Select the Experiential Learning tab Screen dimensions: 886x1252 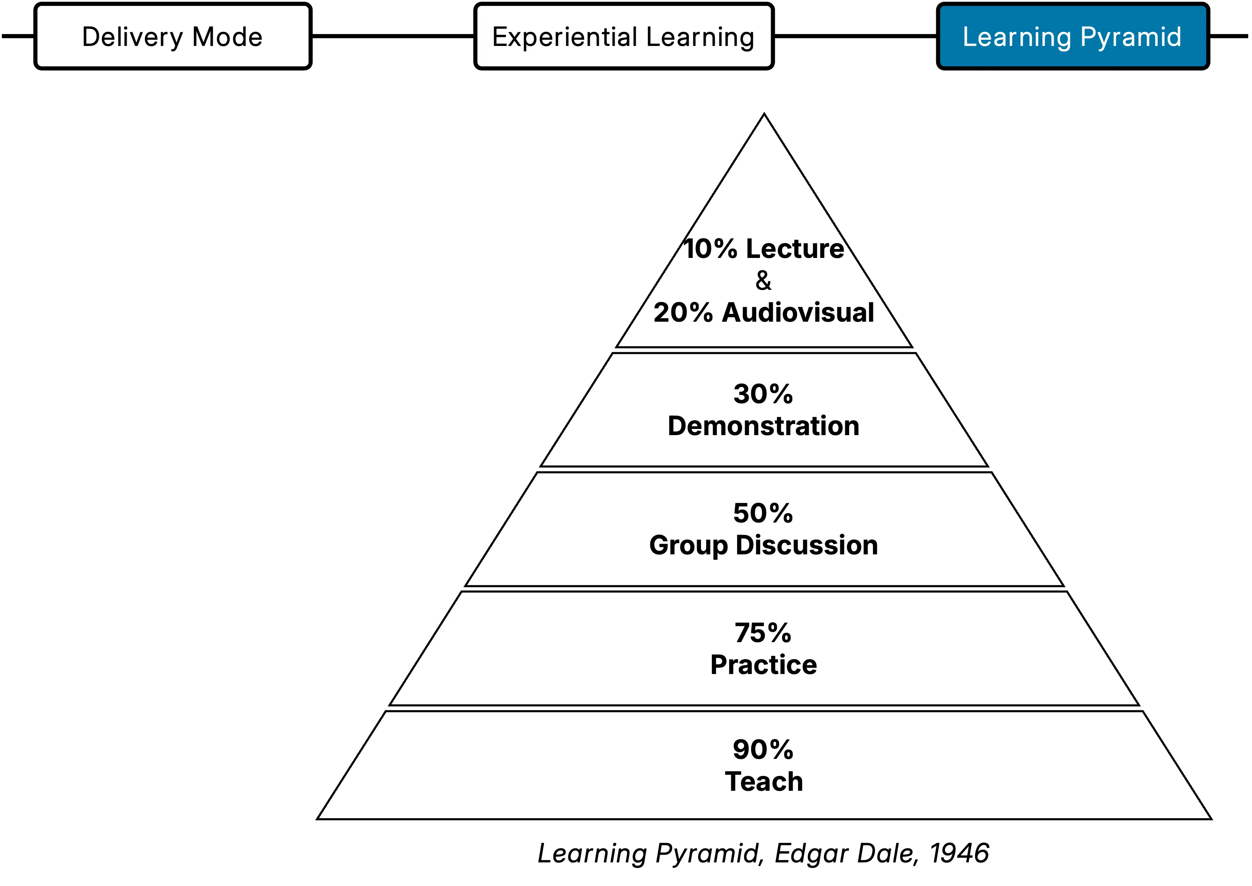623,36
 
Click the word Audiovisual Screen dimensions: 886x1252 798,313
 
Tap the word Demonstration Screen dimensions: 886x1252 764,426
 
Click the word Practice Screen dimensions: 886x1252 764,664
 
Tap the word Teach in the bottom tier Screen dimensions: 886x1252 764,781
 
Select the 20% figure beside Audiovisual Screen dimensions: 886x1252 683,313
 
